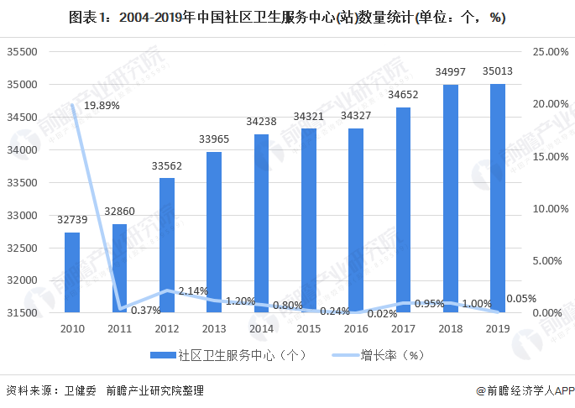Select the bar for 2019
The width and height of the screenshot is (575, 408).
click(498, 198)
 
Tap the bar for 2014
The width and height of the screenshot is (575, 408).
click(261, 223)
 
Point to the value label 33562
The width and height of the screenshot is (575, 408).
click(167, 165)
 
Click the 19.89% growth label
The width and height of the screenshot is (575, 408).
click(102, 106)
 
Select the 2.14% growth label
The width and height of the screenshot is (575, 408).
click(192, 291)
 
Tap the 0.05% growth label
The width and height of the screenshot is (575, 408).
click(521, 298)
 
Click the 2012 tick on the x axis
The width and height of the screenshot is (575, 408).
click(167, 329)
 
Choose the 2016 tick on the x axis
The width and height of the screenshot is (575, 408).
click(356, 329)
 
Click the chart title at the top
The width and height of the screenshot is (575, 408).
click(287, 18)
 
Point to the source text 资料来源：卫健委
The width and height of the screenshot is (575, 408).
click(51, 390)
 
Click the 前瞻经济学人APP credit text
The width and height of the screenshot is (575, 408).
click(525, 390)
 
